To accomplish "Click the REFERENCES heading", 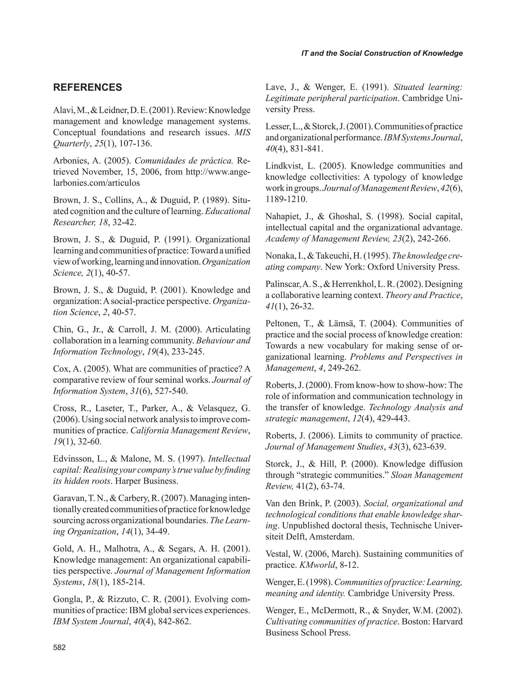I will point(88,88).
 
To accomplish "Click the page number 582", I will point(59,648).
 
